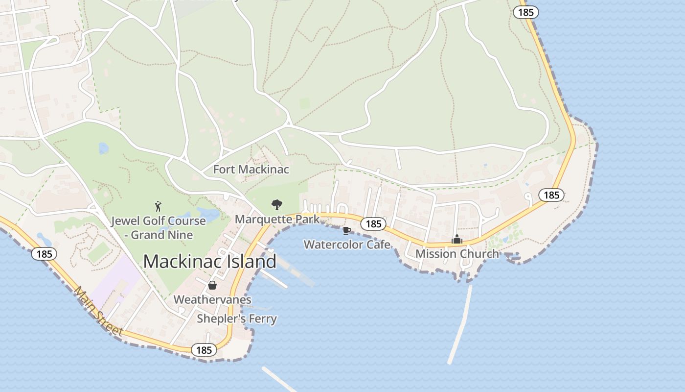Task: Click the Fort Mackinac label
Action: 251,170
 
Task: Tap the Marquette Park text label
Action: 277,219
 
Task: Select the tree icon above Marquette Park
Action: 277,204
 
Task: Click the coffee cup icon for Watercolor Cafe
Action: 347,230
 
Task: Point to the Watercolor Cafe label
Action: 347,244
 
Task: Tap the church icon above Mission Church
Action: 457,239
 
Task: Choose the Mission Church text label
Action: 457,253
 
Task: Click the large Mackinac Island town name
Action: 209,261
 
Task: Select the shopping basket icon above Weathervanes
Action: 212,285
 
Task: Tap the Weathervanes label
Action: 212,299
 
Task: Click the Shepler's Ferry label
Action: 237,318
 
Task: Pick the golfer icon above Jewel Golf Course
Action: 158,206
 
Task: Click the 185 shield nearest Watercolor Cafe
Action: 373,224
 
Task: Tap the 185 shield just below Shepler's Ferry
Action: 204,350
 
